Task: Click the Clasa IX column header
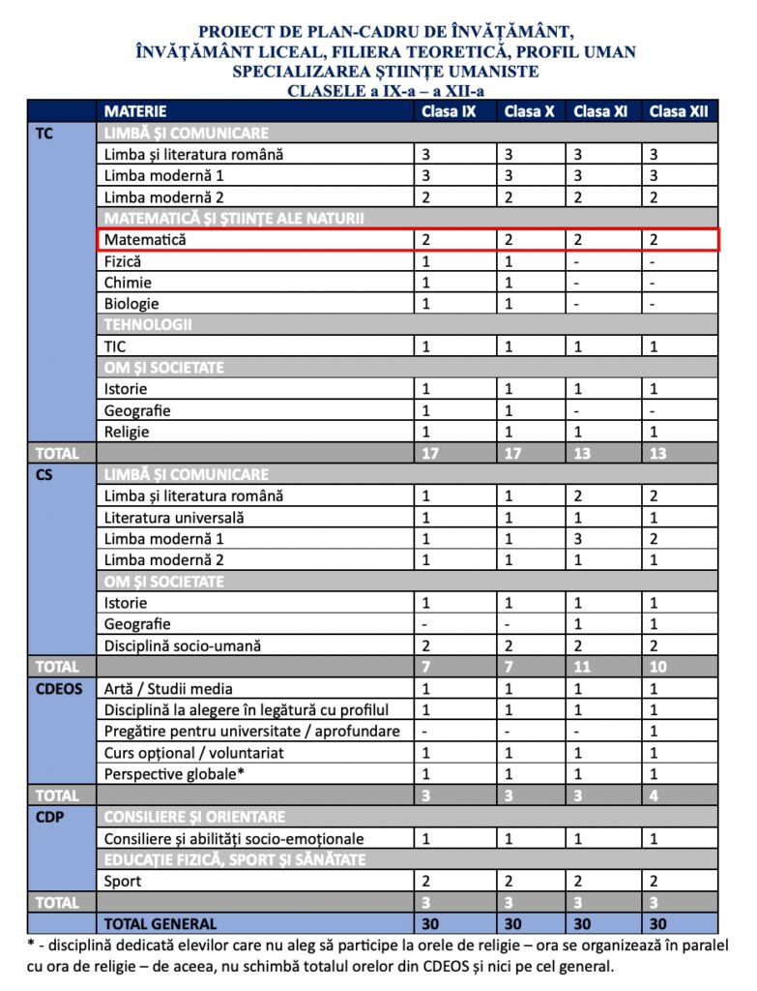(448, 111)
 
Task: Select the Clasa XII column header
(679, 111)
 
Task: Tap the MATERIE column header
(135, 111)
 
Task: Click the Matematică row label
(145, 239)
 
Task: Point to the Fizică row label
(123, 261)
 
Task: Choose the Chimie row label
(128, 283)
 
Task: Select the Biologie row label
(131, 304)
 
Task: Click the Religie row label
(127, 432)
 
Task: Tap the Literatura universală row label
(174, 517)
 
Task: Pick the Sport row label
(123, 881)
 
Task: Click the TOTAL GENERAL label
(160, 923)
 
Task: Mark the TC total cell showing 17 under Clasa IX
(430, 453)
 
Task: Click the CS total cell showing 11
(583, 667)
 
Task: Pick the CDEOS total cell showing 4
(655, 796)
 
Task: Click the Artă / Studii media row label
(168, 689)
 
